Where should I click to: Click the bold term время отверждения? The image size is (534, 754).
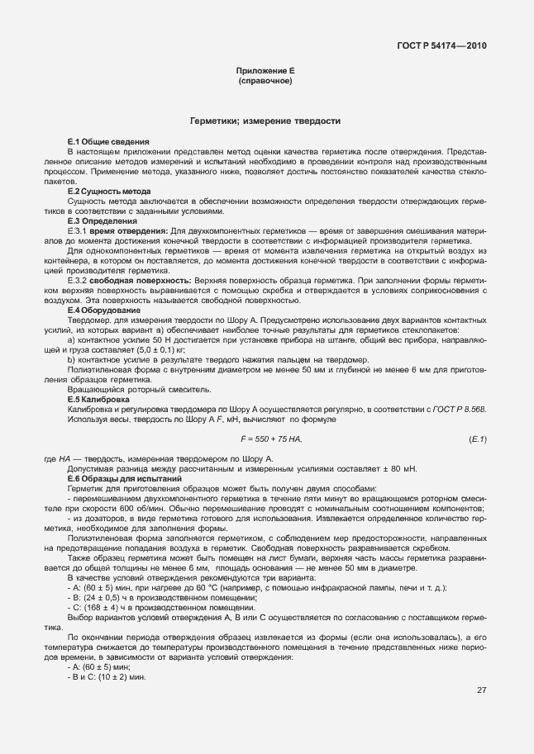(x=133, y=230)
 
